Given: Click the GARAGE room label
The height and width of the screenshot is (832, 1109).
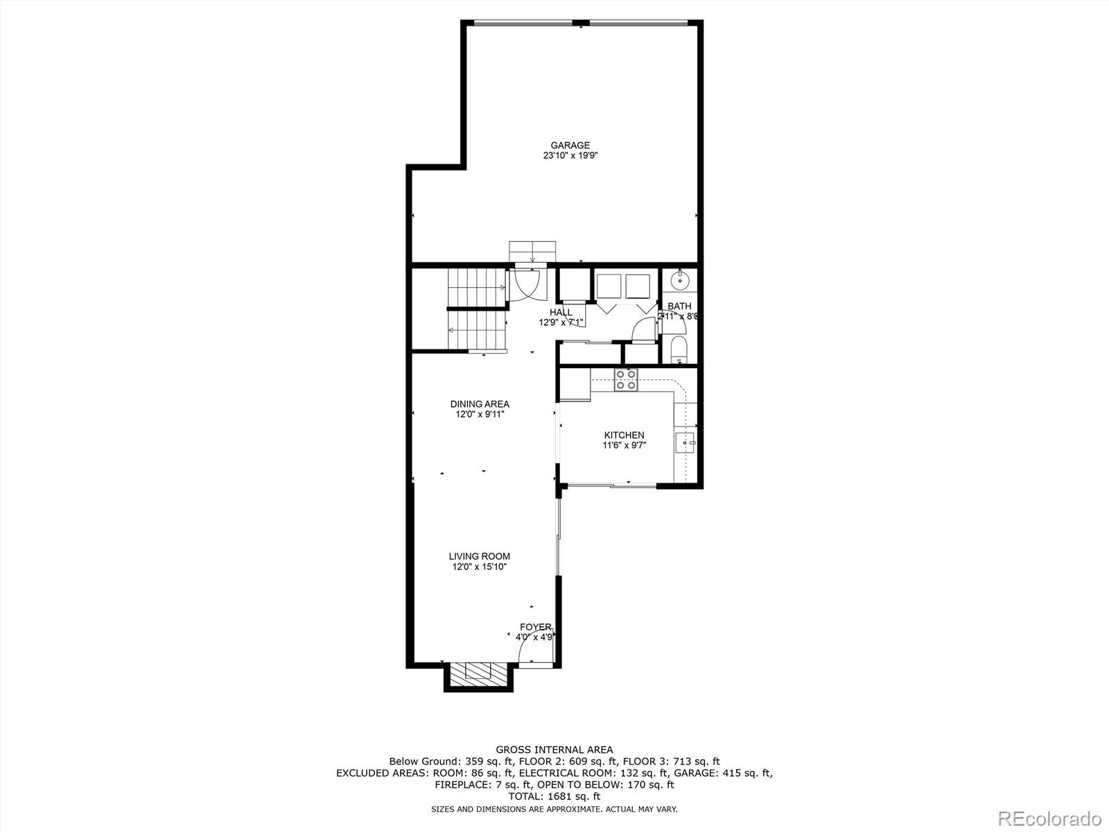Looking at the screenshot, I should click(x=570, y=146).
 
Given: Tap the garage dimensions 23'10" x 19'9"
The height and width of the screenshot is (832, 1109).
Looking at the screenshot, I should click(x=570, y=156).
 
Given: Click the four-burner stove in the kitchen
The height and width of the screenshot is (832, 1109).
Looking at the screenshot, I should click(x=626, y=379).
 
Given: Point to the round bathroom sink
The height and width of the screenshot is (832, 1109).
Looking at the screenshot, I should click(x=679, y=280).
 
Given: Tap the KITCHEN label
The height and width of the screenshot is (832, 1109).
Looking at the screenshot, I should click(x=624, y=435).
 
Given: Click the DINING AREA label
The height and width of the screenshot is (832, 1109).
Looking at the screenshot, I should click(x=480, y=404).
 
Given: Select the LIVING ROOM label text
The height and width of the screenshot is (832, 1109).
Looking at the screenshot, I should click(x=479, y=556).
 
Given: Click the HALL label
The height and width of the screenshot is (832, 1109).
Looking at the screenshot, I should click(x=561, y=313).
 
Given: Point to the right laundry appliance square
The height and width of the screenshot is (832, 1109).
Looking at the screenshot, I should click(x=638, y=286).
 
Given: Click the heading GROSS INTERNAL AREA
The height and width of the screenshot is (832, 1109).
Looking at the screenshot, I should click(x=554, y=749).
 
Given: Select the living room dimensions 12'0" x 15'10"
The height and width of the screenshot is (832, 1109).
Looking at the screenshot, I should click(x=479, y=567).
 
